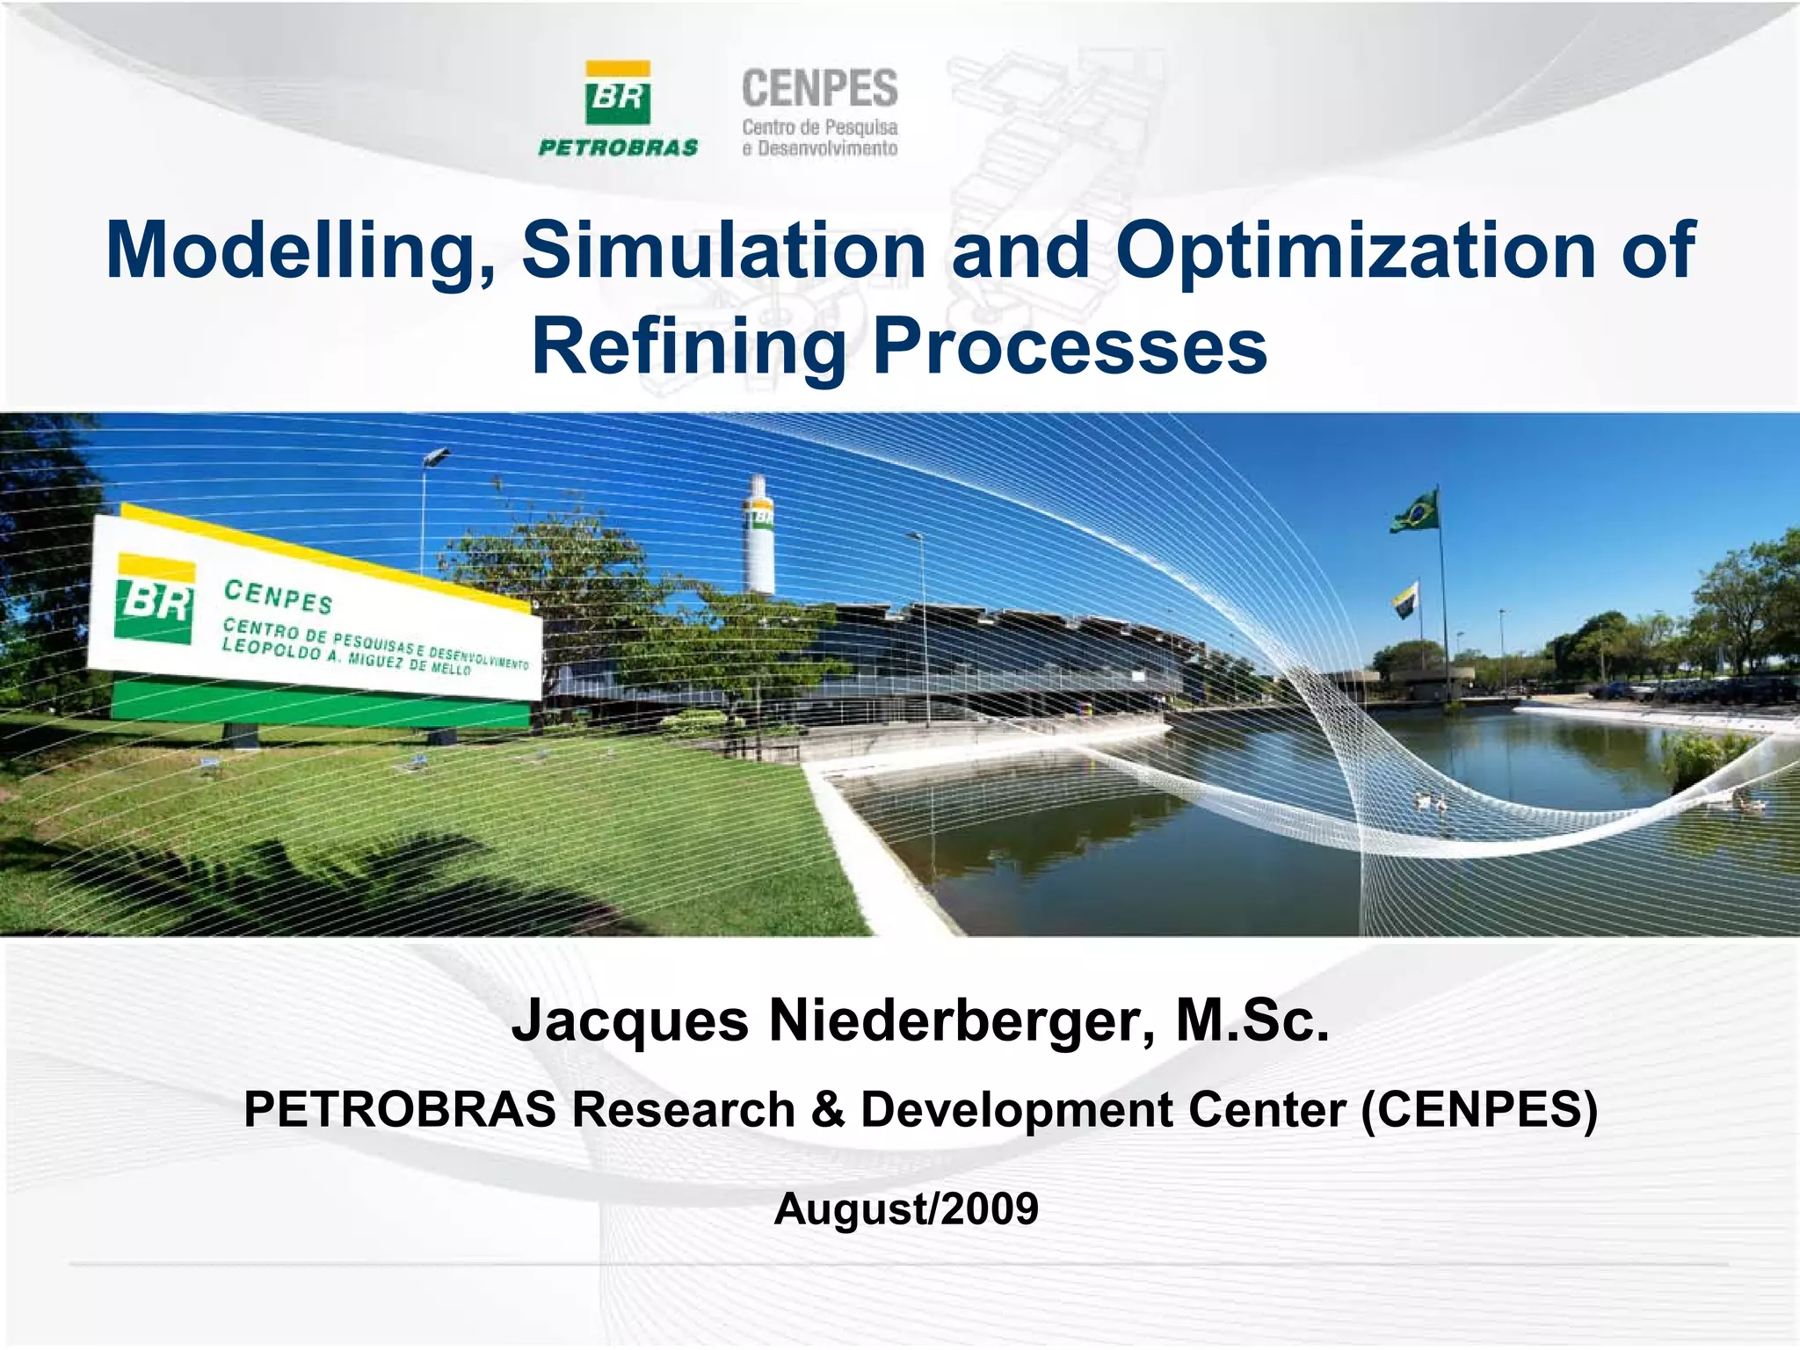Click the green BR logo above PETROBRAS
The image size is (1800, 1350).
point(618,94)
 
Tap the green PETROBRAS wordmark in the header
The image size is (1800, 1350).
point(618,148)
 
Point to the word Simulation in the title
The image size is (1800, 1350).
point(723,251)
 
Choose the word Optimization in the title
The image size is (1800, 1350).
point(1355,251)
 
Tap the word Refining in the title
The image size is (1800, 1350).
point(688,347)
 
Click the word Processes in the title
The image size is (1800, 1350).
point(1070,347)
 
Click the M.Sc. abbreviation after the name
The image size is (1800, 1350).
point(1252,1021)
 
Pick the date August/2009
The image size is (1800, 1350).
point(906,1208)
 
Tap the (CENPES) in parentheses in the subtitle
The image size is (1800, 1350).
point(1479,1109)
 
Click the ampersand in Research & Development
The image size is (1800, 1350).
point(827,1109)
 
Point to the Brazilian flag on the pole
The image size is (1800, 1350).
point(1414,512)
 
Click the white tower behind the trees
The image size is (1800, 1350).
point(758,536)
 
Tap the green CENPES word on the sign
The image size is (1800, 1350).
point(279,597)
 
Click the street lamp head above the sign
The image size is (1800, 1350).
point(437,456)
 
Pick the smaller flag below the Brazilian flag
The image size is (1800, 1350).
point(1405,599)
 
